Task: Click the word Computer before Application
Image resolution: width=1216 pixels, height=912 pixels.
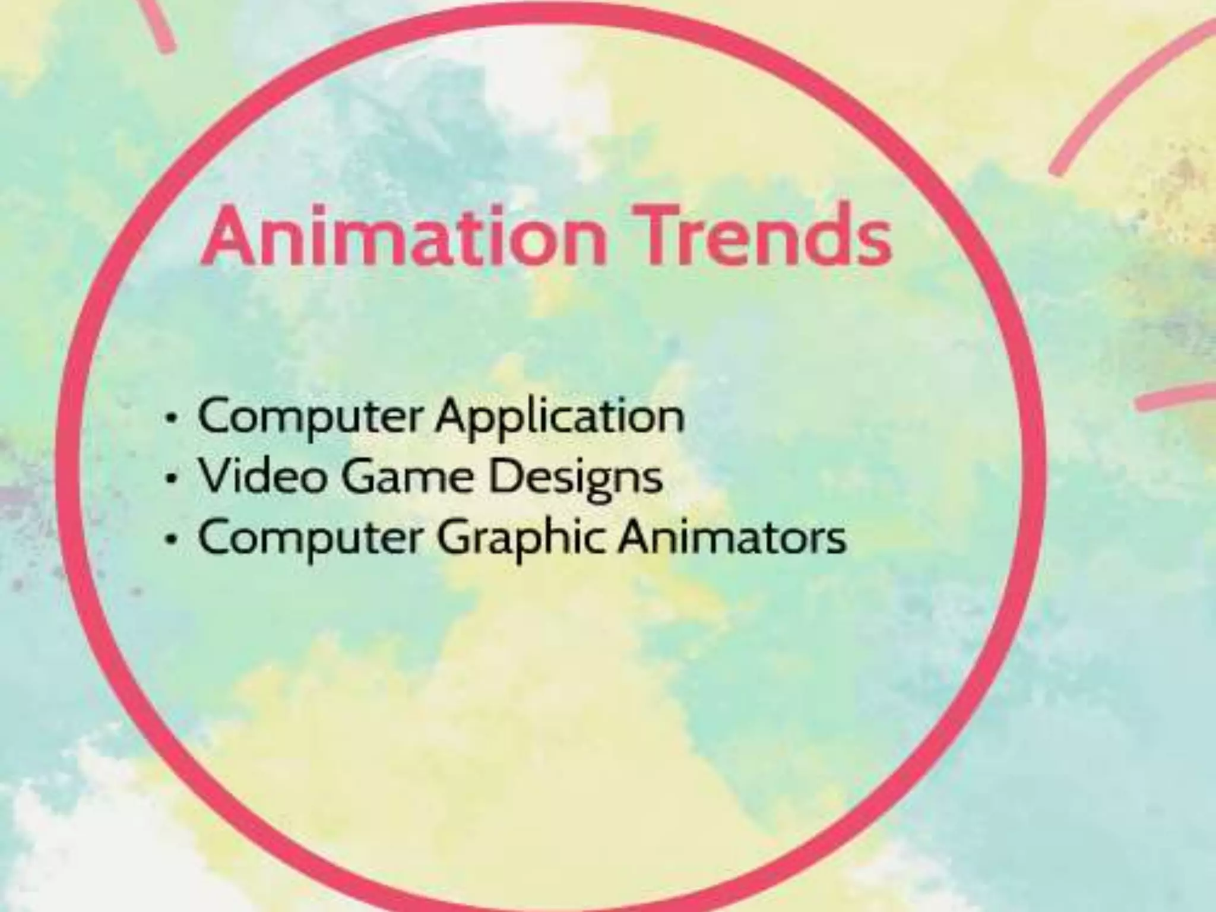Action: pyautogui.click(x=309, y=417)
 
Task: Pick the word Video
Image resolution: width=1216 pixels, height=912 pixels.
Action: pyautogui.click(x=261, y=476)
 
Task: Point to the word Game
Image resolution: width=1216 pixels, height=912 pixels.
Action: pyautogui.click(x=407, y=477)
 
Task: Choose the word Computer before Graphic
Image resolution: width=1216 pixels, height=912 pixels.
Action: pyautogui.click(x=309, y=538)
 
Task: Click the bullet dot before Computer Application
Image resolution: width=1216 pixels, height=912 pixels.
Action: pyautogui.click(x=172, y=419)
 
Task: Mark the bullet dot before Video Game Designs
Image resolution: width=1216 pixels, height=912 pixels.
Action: pyautogui.click(x=172, y=479)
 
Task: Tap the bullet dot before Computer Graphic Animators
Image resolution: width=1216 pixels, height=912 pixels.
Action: pyautogui.click(x=172, y=539)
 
